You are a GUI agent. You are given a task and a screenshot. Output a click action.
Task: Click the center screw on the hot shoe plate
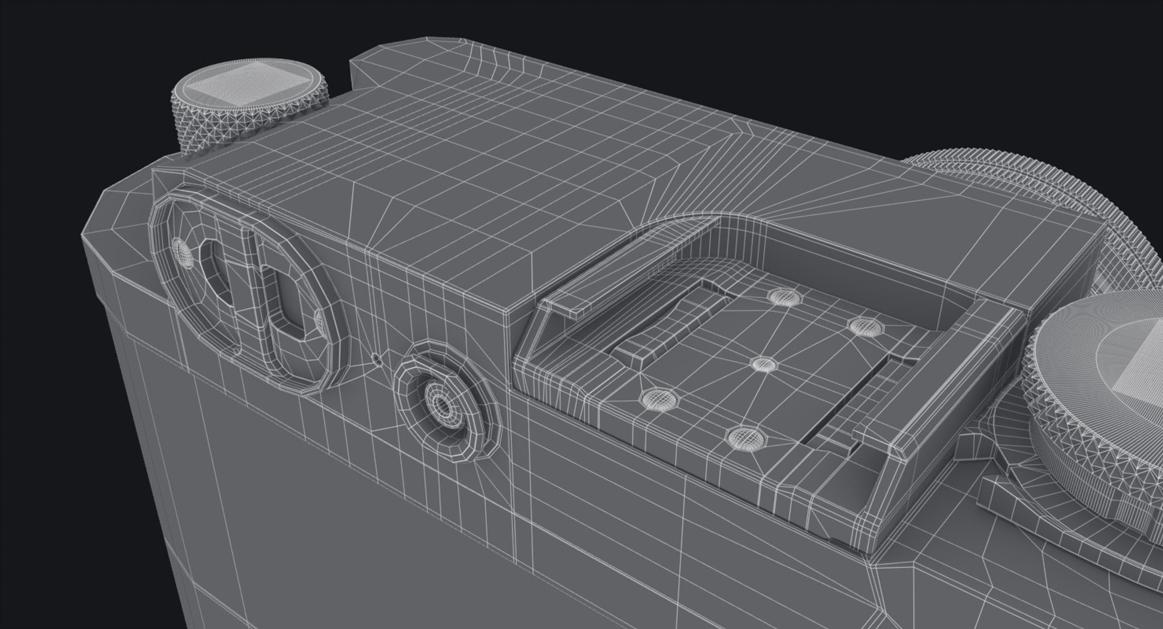pyautogui.click(x=764, y=364)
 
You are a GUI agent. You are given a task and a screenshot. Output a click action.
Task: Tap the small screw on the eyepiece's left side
pyautogui.click(x=182, y=251)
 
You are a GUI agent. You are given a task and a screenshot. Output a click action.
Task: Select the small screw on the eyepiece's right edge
pyautogui.click(x=319, y=318)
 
